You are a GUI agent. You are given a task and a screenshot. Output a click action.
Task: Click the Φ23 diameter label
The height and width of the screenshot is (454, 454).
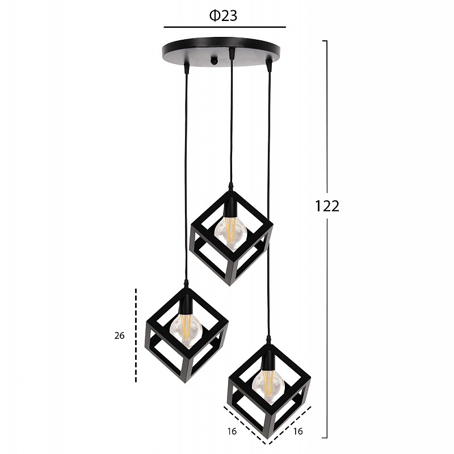click(223, 16)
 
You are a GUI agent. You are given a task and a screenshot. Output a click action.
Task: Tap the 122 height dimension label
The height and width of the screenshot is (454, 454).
click(327, 206)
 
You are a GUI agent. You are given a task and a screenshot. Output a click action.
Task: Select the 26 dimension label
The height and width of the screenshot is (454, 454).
click(119, 335)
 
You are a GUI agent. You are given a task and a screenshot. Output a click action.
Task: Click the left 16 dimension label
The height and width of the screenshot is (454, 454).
click(232, 431)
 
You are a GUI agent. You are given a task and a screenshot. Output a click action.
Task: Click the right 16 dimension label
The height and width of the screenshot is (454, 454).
click(297, 431)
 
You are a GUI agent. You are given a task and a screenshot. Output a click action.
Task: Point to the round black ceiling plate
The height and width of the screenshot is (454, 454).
click(221, 52)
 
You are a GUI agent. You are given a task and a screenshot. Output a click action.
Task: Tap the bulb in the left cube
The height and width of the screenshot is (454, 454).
click(186, 330)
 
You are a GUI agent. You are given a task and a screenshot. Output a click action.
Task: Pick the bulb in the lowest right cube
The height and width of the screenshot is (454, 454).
click(268, 385)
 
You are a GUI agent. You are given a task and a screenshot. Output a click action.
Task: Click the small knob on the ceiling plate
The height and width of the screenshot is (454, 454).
click(214, 61)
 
